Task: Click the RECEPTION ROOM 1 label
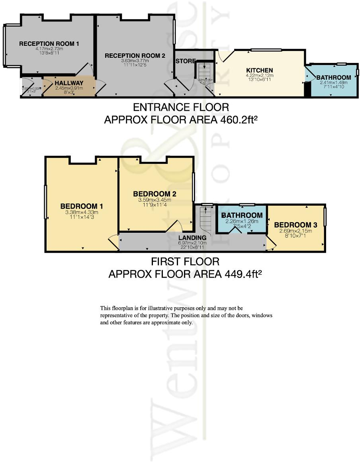(x=49, y=43)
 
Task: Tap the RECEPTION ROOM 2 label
(x=135, y=56)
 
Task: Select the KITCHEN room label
(x=259, y=71)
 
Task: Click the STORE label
(x=186, y=61)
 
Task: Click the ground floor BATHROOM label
(x=334, y=77)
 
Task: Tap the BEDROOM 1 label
(x=82, y=206)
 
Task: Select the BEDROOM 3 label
(x=295, y=225)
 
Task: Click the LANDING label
(x=192, y=238)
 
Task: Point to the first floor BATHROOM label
(x=242, y=216)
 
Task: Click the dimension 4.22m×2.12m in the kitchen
(x=259, y=76)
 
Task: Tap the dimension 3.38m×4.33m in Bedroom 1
(x=82, y=212)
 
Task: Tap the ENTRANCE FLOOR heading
(x=181, y=107)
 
